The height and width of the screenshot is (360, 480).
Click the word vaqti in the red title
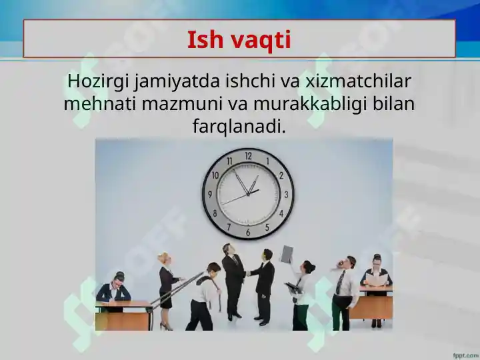click(260, 41)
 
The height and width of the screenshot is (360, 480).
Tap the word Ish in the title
click(205, 39)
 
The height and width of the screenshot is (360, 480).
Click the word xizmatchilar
click(358, 81)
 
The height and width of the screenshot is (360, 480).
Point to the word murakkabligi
click(310, 105)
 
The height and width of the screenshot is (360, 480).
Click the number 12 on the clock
click(248, 156)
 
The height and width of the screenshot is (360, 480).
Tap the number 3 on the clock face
click(286, 195)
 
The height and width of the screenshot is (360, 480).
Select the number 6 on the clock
click(248, 233)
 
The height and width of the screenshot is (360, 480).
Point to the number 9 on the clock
click(210, 194)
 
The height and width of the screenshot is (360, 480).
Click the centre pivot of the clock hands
click(248, 194)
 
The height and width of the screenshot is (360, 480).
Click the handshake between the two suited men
click(247, 273)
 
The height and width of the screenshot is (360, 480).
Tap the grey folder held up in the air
click(287, 254)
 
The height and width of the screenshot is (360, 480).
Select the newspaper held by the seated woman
click(376, 280)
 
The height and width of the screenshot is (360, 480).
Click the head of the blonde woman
click(164, 259)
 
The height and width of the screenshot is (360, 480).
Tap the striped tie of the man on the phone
click(340, 282)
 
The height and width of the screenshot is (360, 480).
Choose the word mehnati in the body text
click(100, 104)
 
